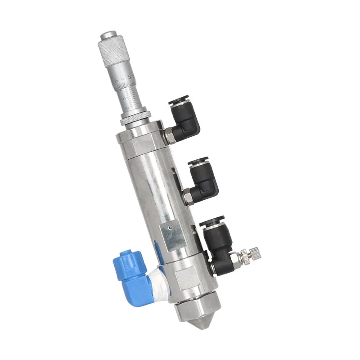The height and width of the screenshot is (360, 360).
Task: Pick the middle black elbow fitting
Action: tap(203, 177)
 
